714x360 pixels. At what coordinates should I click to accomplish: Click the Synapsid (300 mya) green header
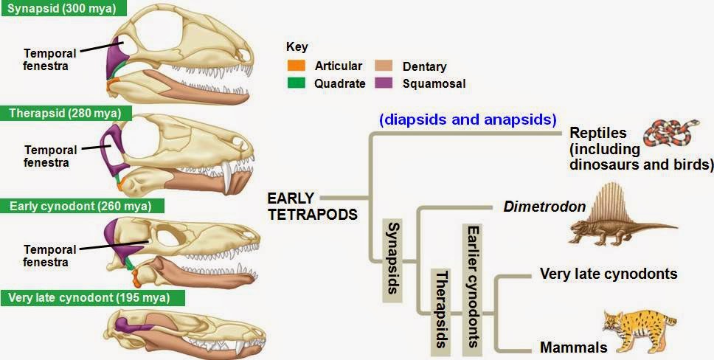62,9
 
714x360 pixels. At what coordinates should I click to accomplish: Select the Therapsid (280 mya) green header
65,113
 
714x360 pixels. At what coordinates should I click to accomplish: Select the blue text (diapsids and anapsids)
468,119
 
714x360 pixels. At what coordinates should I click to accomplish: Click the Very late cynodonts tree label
609,274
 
